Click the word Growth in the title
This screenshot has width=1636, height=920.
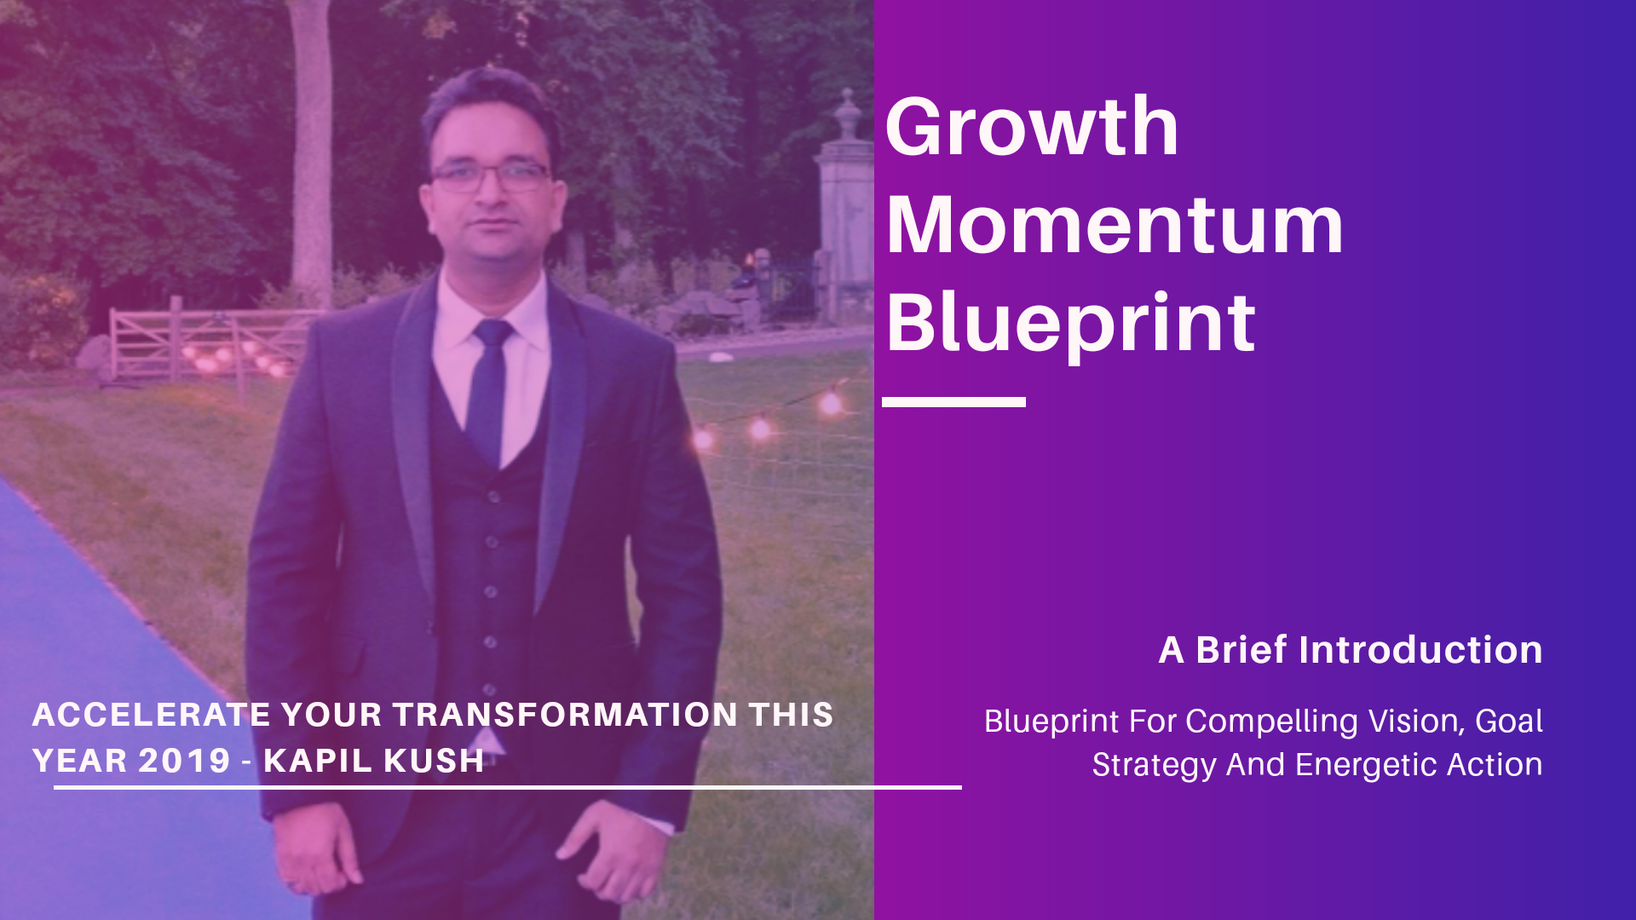[x=1032, y=127]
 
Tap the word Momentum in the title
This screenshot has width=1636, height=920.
[x=1115, y=225]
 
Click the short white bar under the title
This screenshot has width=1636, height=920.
[x=953, y=401]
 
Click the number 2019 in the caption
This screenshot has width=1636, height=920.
[x=185, y=761]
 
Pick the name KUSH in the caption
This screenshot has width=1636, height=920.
[x=434, y=761]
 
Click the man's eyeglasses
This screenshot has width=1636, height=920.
[x=490, y=177]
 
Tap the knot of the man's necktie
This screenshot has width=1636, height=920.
[x=493, y=333]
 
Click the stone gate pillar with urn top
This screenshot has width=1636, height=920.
[x=844, y=204]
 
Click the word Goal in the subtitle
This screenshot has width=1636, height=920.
[x=1509, y=722]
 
